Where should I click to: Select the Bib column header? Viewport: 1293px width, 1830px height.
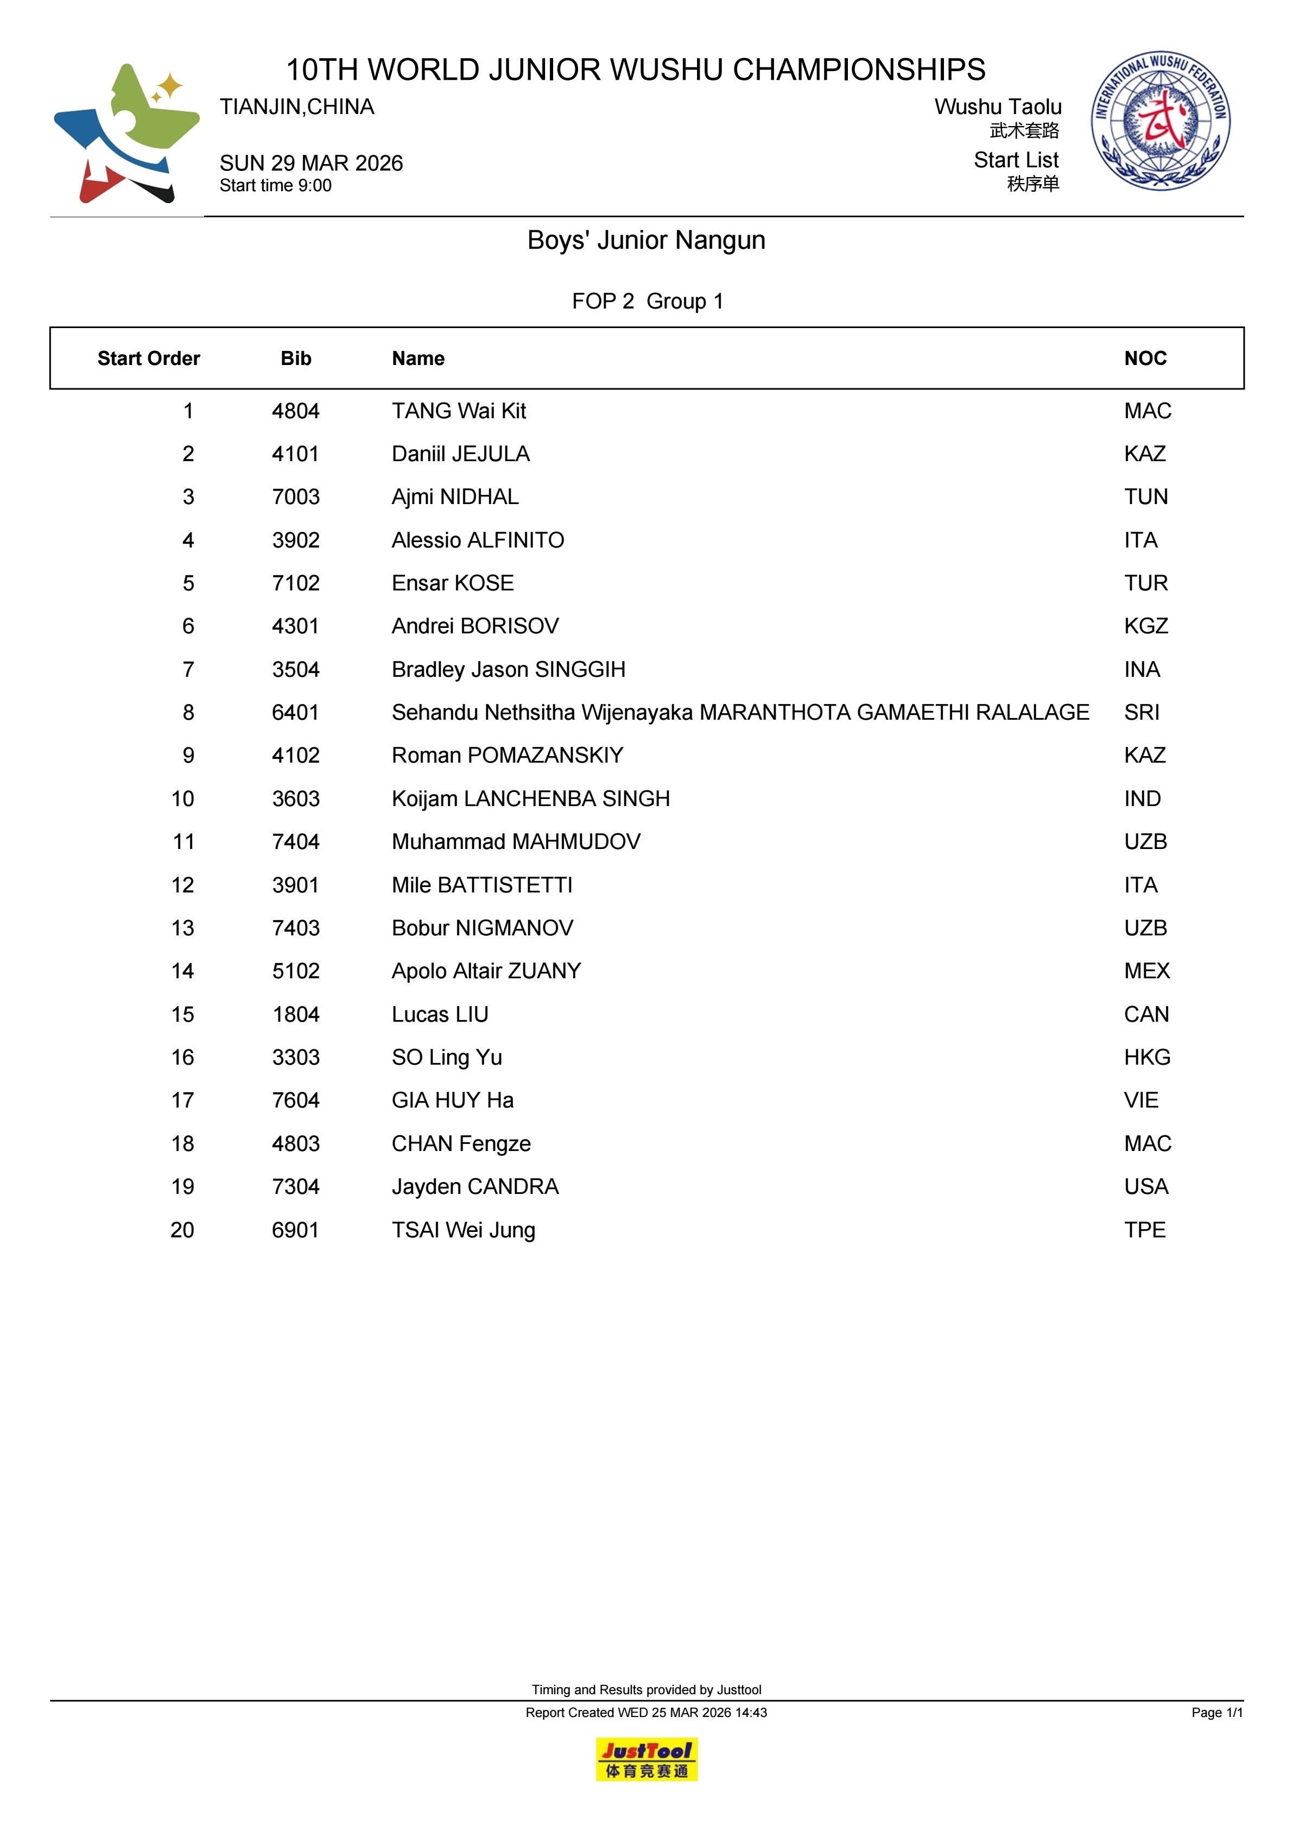pos(295,359)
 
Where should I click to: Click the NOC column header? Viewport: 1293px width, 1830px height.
pos(1145,359)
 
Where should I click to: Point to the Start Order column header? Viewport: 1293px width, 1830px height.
pos(148,359)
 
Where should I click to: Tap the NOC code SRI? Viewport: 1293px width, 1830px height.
pos(1142,713)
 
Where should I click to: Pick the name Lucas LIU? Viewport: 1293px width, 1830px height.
pos(440,1015)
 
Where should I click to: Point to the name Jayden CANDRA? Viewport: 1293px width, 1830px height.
pos(475,1187)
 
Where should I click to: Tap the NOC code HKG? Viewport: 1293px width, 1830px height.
pos(1147,1058)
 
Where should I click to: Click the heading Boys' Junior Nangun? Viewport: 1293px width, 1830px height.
pos(646,240)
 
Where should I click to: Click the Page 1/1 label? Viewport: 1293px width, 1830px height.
pos(1216,1712)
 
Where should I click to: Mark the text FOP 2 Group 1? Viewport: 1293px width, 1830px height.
pos(647,301)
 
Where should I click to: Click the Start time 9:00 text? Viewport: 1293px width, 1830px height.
pos(276,186)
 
